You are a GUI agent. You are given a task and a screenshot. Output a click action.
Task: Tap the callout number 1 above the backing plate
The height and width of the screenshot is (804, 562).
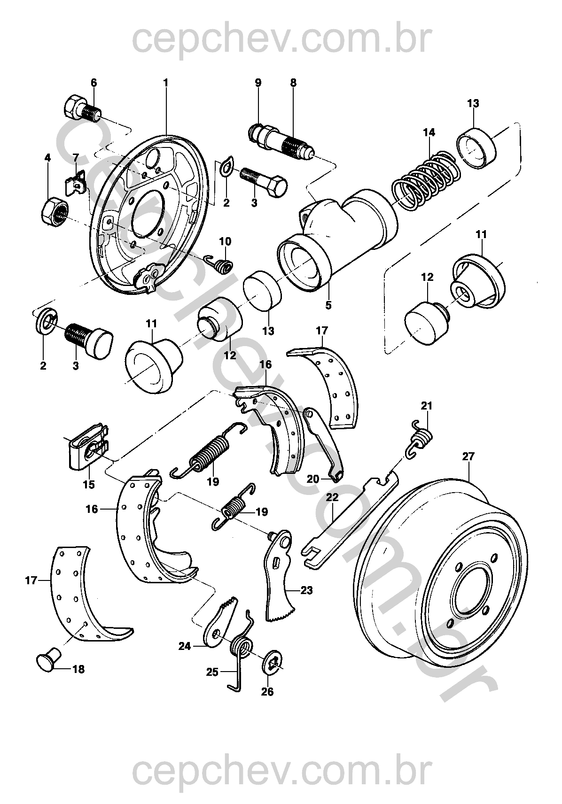165,83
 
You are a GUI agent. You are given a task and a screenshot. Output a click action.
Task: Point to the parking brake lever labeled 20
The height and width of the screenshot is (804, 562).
324,441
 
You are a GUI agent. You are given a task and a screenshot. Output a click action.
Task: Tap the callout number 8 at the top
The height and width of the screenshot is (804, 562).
293,83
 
